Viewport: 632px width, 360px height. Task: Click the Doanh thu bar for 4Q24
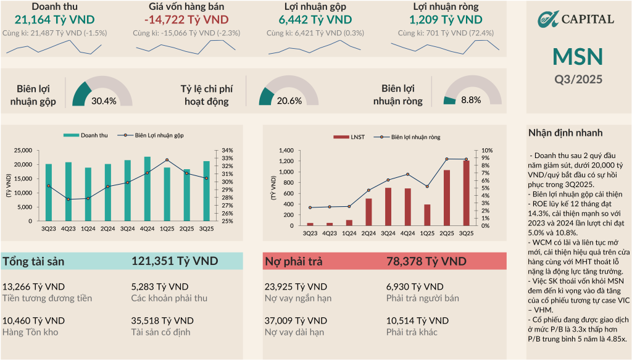click(x=147, y=189)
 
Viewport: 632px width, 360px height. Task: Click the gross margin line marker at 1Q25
click(x=167, y=160)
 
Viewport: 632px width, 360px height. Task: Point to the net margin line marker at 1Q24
click(x=349, y=206)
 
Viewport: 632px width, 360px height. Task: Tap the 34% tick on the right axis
click(x=227, y=150)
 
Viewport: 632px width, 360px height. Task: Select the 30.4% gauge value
click(x=104, y=101)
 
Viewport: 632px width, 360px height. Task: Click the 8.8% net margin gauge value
click(x=471, y=100)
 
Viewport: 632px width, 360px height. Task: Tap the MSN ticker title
click(x=578, y=57)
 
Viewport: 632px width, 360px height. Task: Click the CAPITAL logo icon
click(x=547, y=19)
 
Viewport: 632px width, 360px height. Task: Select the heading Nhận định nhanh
click(x=565, y=133)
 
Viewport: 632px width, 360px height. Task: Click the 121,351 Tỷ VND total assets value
click(x=175, y=261)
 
